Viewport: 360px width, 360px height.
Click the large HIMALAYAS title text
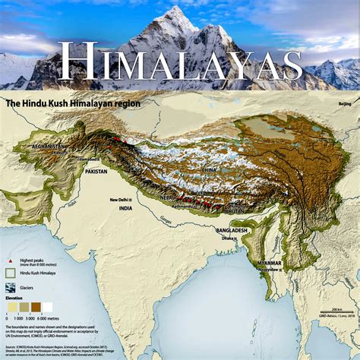point(180,62)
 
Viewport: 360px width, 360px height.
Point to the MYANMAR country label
point(268,264)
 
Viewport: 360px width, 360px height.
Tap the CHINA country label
point(210,169)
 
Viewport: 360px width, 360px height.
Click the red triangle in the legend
point(10,259)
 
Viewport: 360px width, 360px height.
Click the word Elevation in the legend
point(14,299)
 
